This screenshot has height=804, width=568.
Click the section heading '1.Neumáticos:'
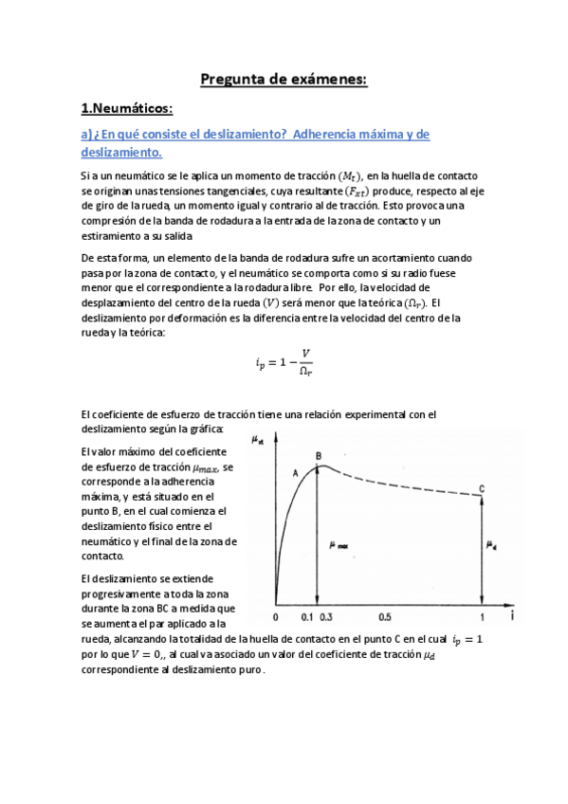(x=126, y=109)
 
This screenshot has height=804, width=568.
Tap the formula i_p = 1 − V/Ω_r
(x=284, y=362)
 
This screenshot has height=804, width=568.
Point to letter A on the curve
(x=296, y=472)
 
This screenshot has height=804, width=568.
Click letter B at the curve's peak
(x=319, y=456)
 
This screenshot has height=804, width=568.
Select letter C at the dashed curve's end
(x=482, y=488)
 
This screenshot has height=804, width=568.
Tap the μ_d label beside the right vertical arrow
(x=490, y=544)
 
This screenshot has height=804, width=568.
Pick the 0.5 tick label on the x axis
(x=385, y=617)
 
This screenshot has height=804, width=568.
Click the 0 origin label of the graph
(x=275, y=617)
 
